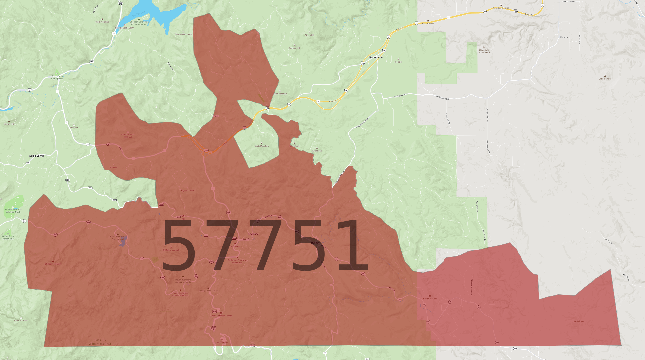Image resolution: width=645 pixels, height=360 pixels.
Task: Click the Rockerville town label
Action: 376,57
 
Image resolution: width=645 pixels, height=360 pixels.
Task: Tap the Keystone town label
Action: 253,234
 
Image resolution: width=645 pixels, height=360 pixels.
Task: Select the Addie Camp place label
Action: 36,156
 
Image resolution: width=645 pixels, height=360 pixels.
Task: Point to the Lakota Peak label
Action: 578,321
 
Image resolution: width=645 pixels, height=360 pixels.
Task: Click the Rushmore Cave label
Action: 430,299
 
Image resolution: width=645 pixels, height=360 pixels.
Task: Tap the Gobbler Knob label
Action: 605,79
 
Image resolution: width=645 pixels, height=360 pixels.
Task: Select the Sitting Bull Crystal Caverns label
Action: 483,51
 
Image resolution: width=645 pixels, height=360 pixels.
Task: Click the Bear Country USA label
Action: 500,8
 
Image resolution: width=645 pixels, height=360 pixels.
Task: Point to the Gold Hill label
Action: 398,62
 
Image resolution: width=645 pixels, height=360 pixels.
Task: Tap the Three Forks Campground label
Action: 57,77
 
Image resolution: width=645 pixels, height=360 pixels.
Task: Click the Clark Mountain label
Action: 102,22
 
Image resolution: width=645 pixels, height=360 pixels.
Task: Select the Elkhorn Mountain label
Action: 53,264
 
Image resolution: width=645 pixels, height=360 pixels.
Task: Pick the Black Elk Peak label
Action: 21,320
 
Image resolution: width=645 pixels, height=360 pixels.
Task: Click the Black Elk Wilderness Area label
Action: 100,342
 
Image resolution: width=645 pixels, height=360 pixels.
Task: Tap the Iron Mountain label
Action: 222,342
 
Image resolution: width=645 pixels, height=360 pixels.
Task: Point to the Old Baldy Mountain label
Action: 171,250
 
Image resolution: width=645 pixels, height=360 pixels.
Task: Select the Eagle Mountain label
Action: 262,146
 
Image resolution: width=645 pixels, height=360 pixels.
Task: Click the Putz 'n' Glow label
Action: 428,23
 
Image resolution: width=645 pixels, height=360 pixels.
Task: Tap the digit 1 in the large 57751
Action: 353,246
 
